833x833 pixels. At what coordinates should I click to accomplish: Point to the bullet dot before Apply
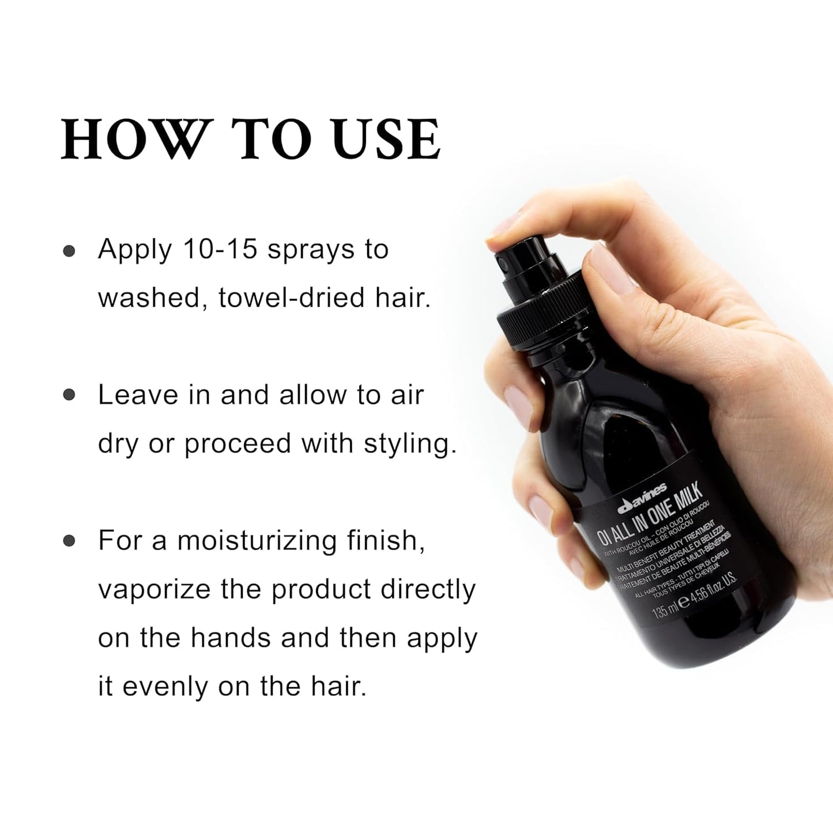click(x=70, y=251)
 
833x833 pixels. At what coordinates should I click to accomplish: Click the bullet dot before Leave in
click(x=70, y=395)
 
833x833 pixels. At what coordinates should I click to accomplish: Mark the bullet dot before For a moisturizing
click(x=70, y=541)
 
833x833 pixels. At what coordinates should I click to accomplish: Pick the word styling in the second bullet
click(x=410, y=444)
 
